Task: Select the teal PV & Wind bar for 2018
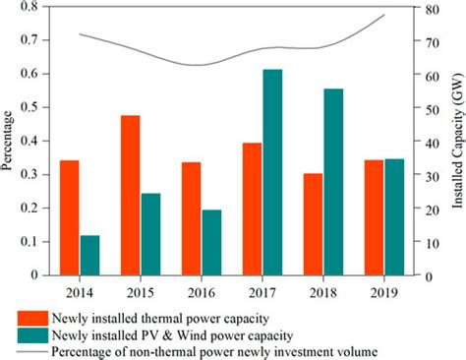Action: tap(333, 183)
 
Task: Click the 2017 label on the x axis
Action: tap(262, 292)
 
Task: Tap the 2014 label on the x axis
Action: tap(80, 292)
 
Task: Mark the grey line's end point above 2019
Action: tap(384, 15)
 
